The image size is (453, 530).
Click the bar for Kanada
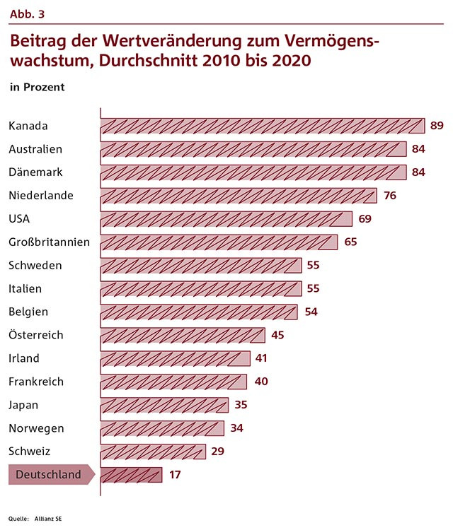pos(263,126)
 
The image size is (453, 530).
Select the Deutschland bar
pos(132,474)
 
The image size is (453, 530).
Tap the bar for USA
pos(226,219)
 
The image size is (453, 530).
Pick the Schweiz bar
pos(154,451)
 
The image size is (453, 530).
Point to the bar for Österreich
pos(183,335)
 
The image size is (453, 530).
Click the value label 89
pos(437,126)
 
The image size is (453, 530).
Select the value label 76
pos(389,196)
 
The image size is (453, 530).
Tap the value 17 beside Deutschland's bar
pos(175,474)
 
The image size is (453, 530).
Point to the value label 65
pos(350,242)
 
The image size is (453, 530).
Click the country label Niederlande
pos(41,196)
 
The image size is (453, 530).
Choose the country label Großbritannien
pos(49,242)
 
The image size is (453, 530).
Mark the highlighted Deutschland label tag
pos(48,474)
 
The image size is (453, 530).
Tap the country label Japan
pos(23,405)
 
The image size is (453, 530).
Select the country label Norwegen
pos(36,428)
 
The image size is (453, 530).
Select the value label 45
pos(277,335)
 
